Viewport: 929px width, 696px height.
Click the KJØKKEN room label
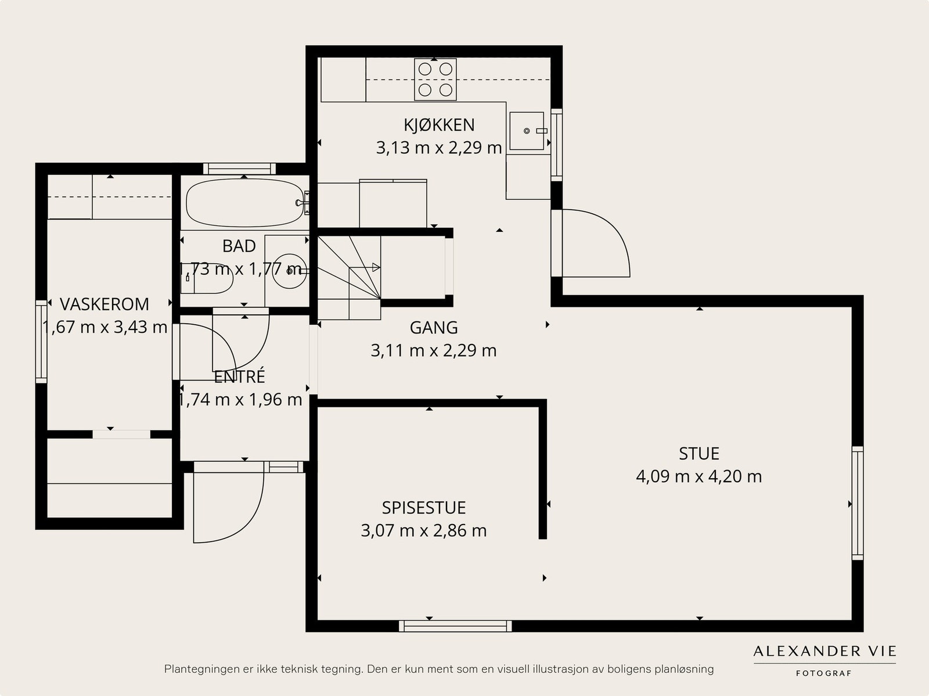click(x=439, y=125)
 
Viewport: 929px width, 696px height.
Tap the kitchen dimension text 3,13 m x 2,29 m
click(x=439, y=148)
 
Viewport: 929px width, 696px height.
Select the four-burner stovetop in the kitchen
click(x=435, y=79)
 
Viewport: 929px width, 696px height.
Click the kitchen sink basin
click(x=527, y=131)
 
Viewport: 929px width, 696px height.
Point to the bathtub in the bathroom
click(x=244, y=203)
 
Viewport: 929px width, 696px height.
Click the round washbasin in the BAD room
click(x=289, y=271)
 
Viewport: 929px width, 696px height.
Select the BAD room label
click(x=239, y=246)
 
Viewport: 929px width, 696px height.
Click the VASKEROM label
click(x=105, y=304)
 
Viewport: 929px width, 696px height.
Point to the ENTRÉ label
click(x=240, y=376)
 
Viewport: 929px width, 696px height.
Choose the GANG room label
click(x=434, y=328)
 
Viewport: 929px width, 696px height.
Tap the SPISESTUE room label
click(x=424, y=508)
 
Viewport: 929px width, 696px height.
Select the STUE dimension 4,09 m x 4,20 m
click(x=698, y=477)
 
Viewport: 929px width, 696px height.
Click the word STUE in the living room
click(x=699, y=454)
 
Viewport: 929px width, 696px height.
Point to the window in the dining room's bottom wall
click(x=455, y=626)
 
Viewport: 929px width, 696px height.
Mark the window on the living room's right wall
click(x=857, y=503)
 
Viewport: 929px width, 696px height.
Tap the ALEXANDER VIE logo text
click(x=824, y=651)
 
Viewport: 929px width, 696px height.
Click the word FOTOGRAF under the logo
click(x=824, y=673)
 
